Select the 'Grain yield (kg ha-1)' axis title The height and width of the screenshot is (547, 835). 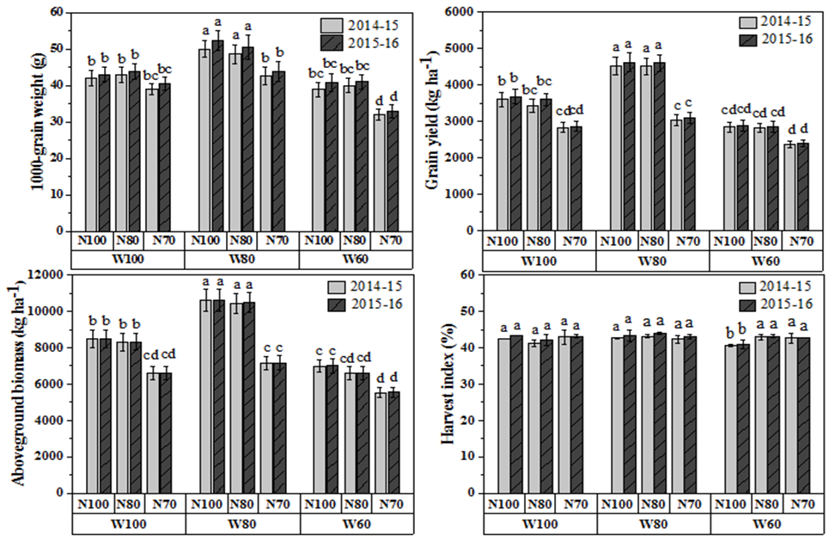[448, 122]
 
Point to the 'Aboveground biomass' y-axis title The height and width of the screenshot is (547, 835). [37, 383]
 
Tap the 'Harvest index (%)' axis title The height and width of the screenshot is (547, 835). [448, 384]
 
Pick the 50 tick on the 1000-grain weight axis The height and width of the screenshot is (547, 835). [57, 49]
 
